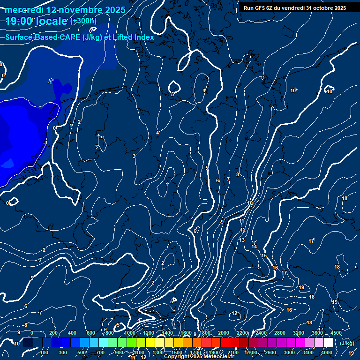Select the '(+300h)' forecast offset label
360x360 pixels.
pyautogui.click(x=83, y=21)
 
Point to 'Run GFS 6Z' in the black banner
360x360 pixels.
pyautogui.click(x=261, y=8)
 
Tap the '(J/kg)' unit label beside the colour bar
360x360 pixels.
pyautogui.click(x=347, y=344)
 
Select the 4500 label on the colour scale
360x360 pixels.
pyautogui.click(x=336, y=333)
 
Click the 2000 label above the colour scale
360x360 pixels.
pyautogui.click(x=224, y=333)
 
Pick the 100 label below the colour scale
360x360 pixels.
pyautogui.click(x=44, y=352)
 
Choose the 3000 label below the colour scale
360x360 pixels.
pyautogui.click(x=289, y=352)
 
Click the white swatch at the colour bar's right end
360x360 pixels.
pyautogui.click(x=328, y=343)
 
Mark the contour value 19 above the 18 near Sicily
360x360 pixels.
pyautogui.click(x=301, y=287)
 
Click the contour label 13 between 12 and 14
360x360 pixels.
pyautogui.click(x=242, y=240)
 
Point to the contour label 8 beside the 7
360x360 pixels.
pyautogui.click(x=238, y=174)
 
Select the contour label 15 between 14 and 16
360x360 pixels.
pyautogui.click(x=264, y=255)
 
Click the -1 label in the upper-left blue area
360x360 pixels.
pyautogui.click(x=50, y=82)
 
